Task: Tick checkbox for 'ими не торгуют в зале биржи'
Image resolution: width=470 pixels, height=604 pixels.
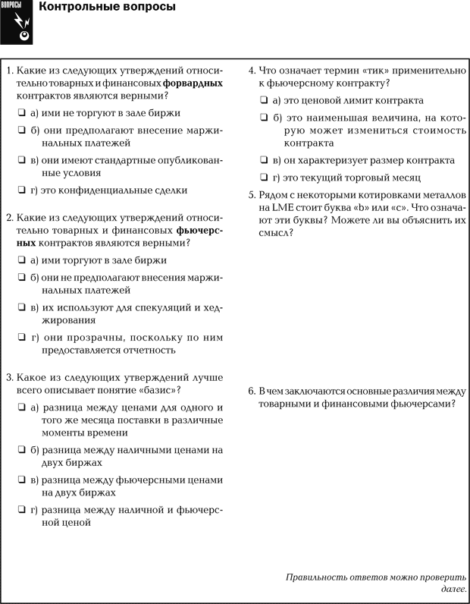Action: pyautogui.click(x=22, y=113)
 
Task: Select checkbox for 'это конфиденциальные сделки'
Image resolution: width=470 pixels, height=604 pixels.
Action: pyautogui.click(x=22, y=190)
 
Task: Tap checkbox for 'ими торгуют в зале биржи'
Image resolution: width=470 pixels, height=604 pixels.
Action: pyautogui.click(x=22, y=260)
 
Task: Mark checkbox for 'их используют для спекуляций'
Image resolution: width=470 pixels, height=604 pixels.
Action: pyautogui.click(x=22, y=307)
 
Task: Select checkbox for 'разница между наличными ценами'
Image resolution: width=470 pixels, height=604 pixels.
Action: pyautogui.click(x=22, y=450)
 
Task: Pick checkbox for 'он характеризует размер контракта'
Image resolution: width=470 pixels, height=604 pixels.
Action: pyautogui.click(x=263, y=161)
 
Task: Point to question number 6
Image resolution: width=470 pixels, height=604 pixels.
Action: pyautogui.click(x=252, y=392)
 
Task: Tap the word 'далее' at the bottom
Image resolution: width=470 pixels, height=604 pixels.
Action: pyautogui.click(x=453, y=590)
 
